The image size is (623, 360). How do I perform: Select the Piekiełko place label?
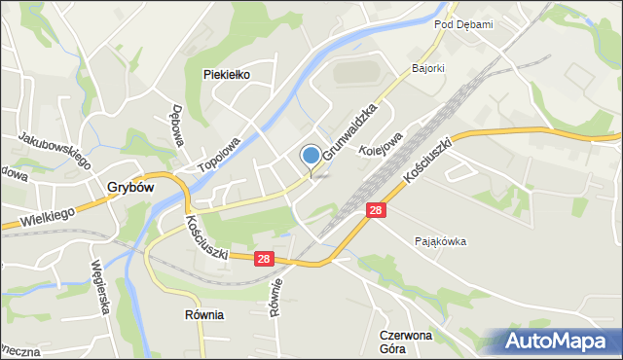(228, 74)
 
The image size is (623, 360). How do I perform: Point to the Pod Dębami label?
(463, 24)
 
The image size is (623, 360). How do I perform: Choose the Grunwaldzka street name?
(349, 133)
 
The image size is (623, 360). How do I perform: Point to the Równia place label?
(204, 315)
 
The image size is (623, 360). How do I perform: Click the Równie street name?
(275, 299)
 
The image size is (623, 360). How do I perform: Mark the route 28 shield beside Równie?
(264, 259)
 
